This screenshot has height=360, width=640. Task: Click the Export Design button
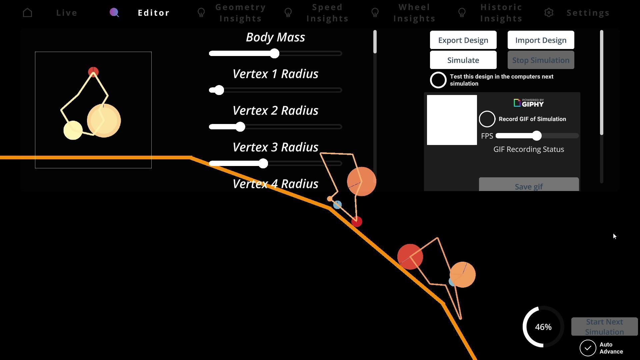(463, 40)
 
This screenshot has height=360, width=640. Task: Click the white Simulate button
(463, 60)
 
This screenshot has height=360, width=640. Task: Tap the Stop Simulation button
(541, 60)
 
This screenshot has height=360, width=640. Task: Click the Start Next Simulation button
(604, 327)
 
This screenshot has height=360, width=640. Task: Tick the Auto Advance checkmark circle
(588, 348)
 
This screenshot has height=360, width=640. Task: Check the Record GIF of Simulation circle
(487, 119)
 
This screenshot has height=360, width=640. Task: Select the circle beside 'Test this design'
(438, 80)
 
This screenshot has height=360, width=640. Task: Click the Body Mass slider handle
(274, 53)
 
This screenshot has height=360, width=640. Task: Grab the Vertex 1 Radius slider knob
(219, 90)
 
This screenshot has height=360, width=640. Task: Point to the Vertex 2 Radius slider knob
(240, 127)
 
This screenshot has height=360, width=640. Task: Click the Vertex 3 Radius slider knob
(263, 163)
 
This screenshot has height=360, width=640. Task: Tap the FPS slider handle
(537, 136)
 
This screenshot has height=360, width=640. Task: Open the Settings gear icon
(549, 13)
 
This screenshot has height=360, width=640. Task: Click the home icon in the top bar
(28, 13)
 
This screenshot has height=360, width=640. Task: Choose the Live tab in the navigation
(67, 13)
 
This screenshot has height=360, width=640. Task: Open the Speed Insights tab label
(327, 13)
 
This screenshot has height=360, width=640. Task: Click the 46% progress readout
(543, 327)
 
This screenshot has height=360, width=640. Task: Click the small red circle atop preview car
(93, 72)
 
